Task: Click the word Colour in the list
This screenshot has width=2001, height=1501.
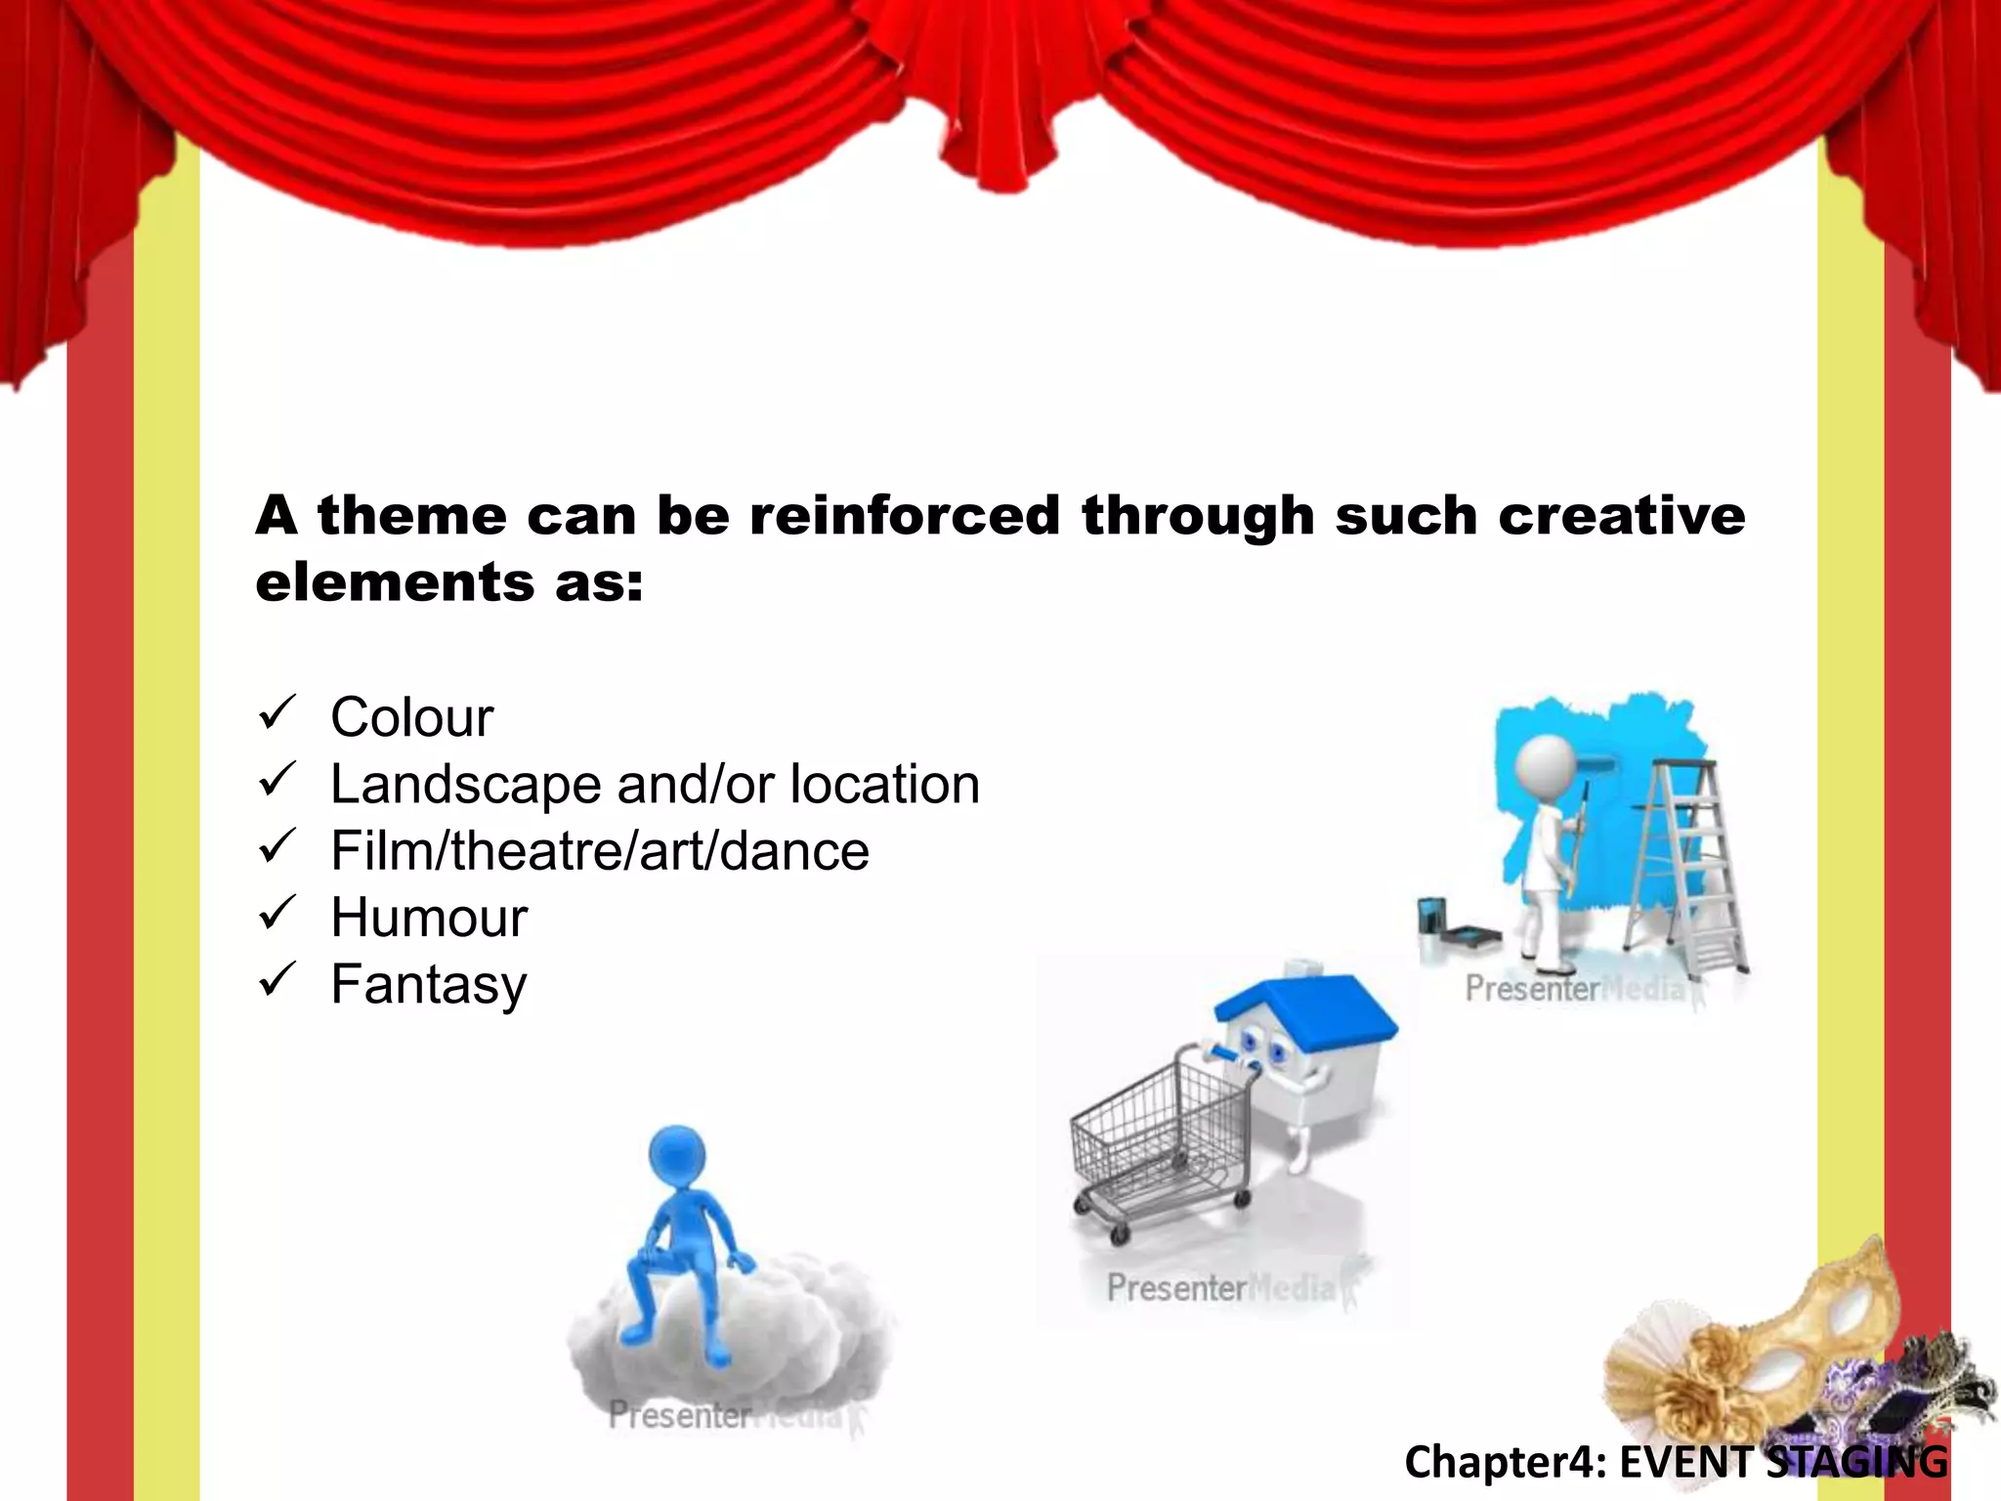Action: [411, 718]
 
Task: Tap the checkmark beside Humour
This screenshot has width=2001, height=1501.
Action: [277, 915]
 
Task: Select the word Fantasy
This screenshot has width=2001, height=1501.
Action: [428, 984]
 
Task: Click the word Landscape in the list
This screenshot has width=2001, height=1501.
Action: [463, 785]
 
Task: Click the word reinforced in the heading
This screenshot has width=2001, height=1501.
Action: [904, 515]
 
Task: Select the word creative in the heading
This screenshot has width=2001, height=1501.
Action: [1621, 515]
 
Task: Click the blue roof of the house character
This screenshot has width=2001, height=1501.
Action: [1309, 1007]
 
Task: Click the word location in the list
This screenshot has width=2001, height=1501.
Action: [884, 785]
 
